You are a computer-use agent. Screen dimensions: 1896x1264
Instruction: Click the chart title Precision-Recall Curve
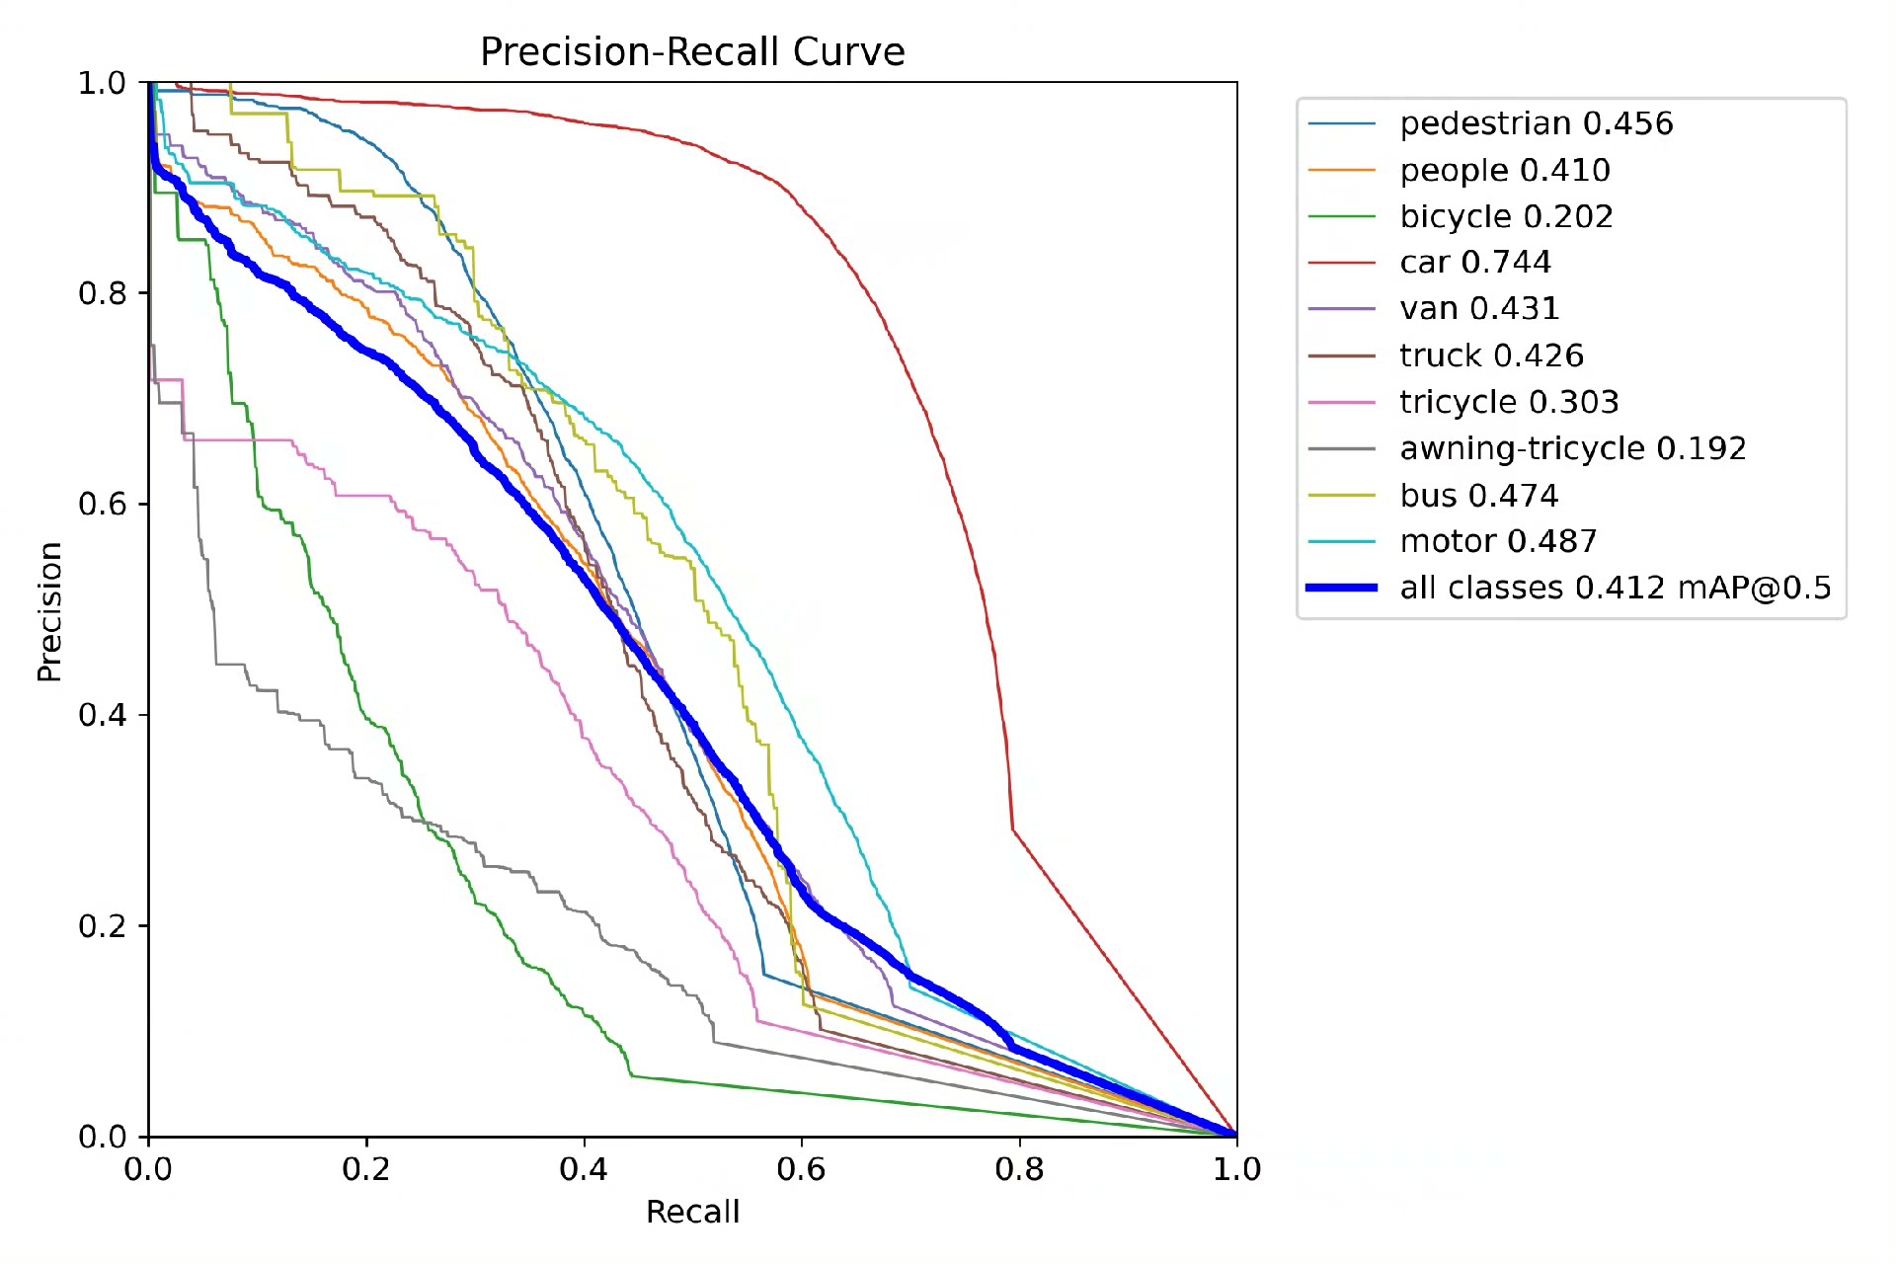(x=692, y=51)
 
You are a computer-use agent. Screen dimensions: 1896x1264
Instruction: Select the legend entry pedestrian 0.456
(x=1537, y=123)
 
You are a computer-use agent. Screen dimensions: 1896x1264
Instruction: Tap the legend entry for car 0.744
(x=1475, y=263)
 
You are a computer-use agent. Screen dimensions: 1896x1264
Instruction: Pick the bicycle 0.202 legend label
(x=1506, y=216)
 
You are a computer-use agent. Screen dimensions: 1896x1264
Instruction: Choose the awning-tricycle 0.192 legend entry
(x=1573, y=448)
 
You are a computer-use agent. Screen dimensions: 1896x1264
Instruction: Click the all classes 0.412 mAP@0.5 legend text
(x=1616, y=588)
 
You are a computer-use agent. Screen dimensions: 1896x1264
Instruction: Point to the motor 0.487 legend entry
(x=1498, y=541)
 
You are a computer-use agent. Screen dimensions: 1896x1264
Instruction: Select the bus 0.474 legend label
(x=1479, y=495)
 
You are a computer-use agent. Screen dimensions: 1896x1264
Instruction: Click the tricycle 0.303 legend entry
(x=1509, y=402)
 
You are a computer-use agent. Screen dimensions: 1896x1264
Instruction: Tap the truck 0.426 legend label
(x=1491, y=355)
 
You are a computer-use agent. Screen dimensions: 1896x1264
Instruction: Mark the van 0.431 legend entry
(x=1479, y=309)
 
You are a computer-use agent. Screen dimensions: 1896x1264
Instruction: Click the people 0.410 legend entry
(x=1505, y=170)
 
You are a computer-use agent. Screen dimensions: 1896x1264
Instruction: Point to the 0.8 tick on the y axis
(x=103, y=293)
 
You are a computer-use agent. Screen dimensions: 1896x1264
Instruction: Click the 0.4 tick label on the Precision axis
(x=103, y=715)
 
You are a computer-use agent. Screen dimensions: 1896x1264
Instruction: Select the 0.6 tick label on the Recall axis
(x=801, y=1170)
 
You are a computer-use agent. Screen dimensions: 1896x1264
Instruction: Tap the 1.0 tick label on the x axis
(x=1237, y=1170)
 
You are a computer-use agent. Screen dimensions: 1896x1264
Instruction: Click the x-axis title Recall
(x=692, y=1212)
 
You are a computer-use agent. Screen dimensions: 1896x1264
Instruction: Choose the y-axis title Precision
(x=49, y=611)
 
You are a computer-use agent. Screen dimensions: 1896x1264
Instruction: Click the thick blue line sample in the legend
(x=1341, y=588)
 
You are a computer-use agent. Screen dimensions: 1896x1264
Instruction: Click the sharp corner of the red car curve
(x=1013, y=830)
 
